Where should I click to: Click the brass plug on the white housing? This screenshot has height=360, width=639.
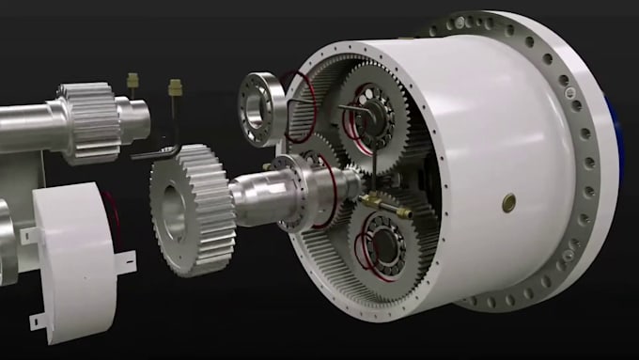click(508, 202)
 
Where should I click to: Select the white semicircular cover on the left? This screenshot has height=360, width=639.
click(74, 248)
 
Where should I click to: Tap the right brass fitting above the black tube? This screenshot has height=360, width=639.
click(174, 89)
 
